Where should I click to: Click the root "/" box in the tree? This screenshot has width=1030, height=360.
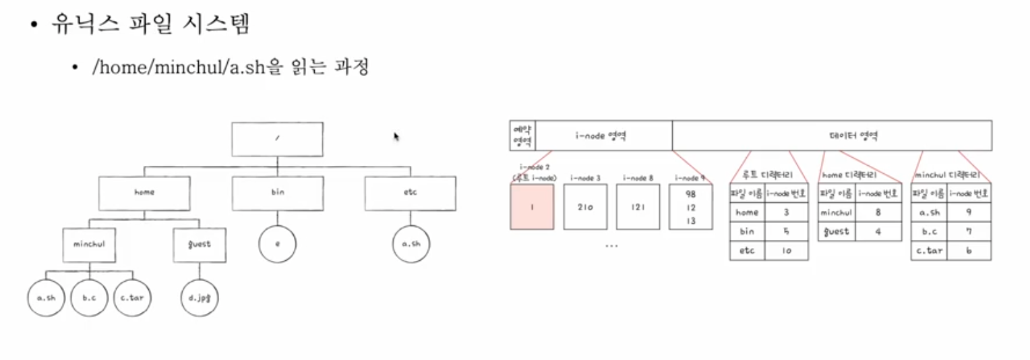point(277,139)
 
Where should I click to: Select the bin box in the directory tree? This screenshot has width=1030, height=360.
point(277,192)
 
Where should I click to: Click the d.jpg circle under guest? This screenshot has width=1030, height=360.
point(200,297)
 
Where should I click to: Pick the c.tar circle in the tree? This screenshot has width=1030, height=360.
point(132,297)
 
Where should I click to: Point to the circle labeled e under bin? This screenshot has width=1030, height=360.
point(277,244)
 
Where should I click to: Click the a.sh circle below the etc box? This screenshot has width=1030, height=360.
point(411,244)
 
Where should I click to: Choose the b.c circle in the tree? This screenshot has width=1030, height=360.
point(90,297)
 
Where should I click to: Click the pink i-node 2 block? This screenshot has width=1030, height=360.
point(532,207)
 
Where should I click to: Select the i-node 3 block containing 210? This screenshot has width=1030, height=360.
point(585,207)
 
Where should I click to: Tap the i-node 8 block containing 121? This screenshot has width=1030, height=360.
point(638,207)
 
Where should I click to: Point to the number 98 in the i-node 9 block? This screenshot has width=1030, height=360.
point(690,194)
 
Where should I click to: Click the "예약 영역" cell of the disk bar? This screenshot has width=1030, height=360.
point(522,136)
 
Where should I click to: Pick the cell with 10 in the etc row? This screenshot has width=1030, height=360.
point(787,251)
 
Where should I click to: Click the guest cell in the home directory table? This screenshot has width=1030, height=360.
point(835,232)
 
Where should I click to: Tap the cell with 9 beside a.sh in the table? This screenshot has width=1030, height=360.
point(969,212)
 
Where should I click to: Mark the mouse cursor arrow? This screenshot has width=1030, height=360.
point(396,136)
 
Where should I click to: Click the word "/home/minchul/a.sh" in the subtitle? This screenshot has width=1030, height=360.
point(179,68)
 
